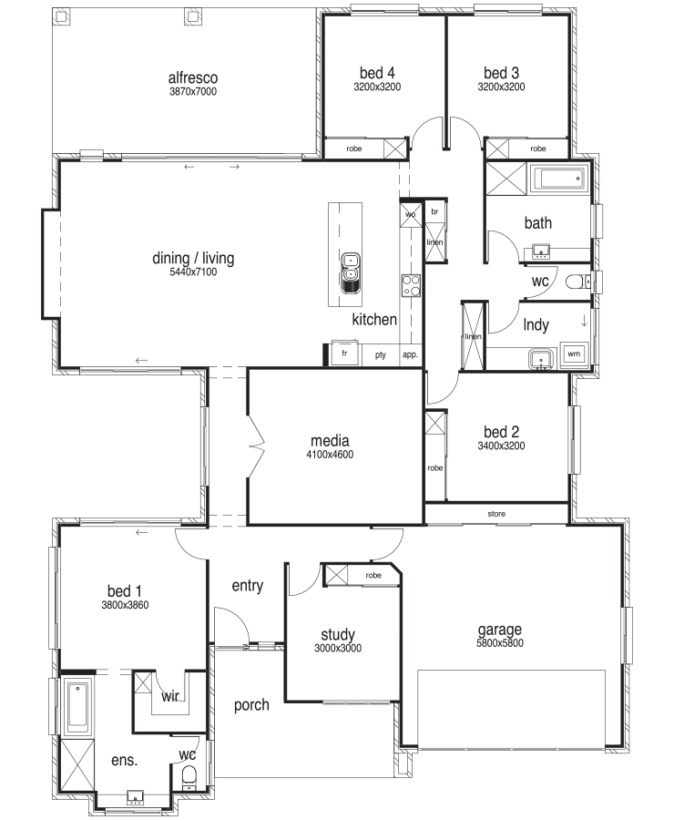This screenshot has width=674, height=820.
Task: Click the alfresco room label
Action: click(193, 77)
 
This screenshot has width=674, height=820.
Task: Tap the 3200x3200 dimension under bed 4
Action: click(377, 87)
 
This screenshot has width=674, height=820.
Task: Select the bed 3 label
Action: click(501, 73)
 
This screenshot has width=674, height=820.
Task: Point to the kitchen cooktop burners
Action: click(411, 285)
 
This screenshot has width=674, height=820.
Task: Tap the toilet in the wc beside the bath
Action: click(578, 282)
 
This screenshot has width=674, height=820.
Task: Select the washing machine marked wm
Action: click(574, 354)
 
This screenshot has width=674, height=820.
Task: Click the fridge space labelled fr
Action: click(344, 354)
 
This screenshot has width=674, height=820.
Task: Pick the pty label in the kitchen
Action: click(380, 354)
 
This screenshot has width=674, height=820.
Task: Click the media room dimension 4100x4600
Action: click(330, 455)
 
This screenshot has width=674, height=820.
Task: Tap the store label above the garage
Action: click(496, 514)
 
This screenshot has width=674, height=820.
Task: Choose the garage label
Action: click(500, 630)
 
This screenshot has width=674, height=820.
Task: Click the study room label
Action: click(338, 635)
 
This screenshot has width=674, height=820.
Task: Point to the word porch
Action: click(251, 705)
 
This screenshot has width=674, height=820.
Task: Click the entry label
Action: click(248, 586)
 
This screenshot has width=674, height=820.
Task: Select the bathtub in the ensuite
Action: click(78, 705)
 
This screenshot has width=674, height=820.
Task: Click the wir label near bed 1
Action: click(170, 696)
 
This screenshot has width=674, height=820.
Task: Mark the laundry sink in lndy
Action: click(541, 359)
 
